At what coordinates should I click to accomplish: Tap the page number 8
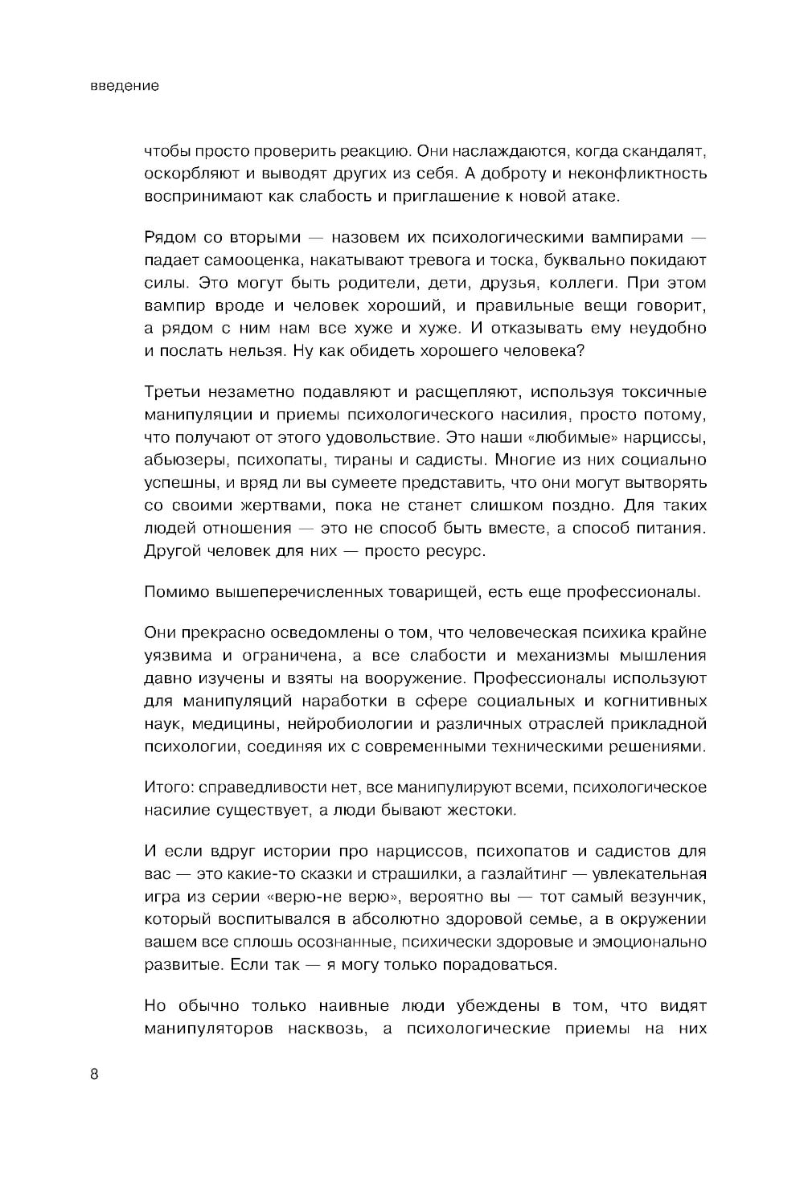(x=94, y=1075)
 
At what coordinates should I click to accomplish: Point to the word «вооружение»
(x=409, y=677)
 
